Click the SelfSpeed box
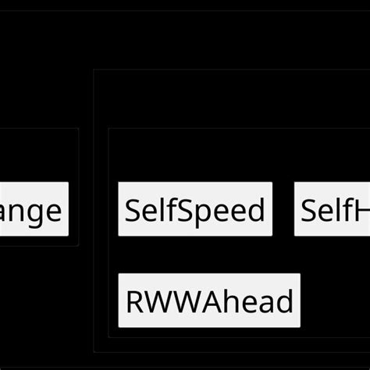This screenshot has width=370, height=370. point(195,209)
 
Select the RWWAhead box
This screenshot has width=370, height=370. point(209,301)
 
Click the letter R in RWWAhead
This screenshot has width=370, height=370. point(134,301)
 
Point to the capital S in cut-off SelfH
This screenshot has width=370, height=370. point(310,210)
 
